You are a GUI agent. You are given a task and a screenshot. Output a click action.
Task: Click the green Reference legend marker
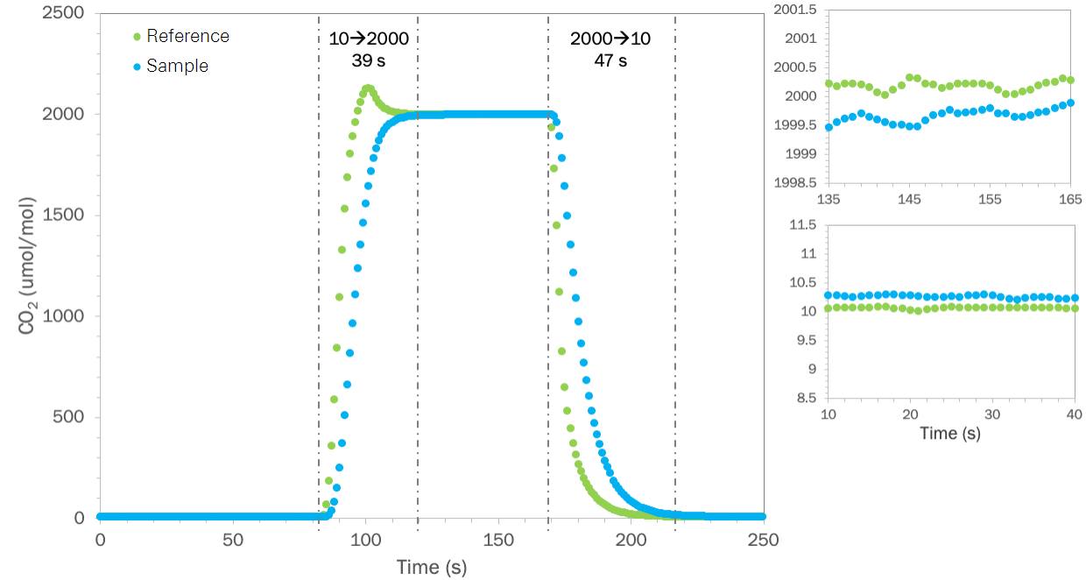(136, 37)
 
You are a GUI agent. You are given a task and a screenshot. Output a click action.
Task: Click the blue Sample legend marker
(136, 66)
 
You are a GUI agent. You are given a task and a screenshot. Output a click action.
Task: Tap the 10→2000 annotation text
(369, 39)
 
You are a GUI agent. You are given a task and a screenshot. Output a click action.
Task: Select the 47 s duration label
(610, 61)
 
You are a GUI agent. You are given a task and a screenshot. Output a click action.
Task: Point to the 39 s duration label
(369, 61)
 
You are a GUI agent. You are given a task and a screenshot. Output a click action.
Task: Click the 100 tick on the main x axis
(365, 539)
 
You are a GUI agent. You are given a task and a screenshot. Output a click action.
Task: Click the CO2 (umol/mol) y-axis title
(27, 265)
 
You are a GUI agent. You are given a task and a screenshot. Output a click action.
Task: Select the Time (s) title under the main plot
(431, 567)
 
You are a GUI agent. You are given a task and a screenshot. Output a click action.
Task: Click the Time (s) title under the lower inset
(949, 433)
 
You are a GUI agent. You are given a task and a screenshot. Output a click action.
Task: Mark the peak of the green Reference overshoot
(368, 88)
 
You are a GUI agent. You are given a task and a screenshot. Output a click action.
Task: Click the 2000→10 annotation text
(610, 39)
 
